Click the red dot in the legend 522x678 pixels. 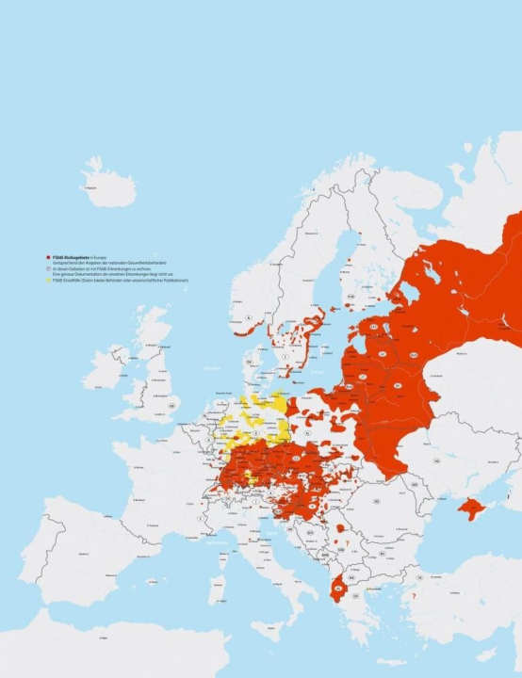pos(48,256)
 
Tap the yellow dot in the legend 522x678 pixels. pos(48,282)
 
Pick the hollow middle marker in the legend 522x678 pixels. pos(48,268)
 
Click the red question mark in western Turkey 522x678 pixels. pos(413,596)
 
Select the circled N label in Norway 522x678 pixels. pos(248,319)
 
